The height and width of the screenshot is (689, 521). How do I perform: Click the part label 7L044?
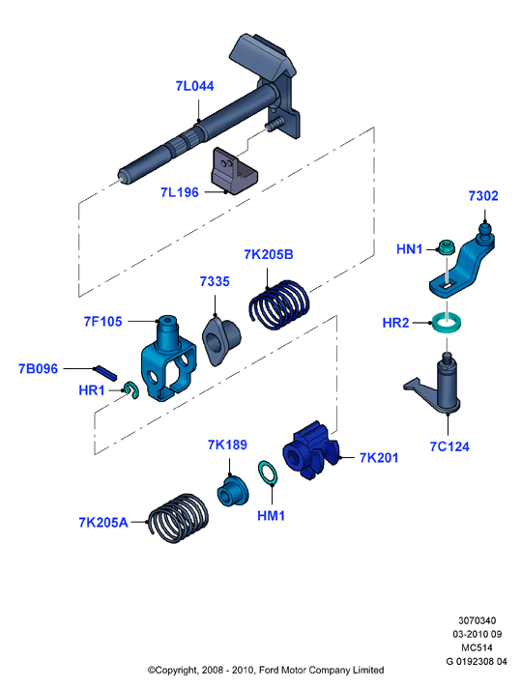pos(194,86)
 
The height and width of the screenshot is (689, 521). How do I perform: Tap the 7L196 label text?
pos(180,192)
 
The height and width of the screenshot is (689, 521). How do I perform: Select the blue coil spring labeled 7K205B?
pos(278,304)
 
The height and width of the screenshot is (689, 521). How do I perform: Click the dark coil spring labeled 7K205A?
pos(178,518)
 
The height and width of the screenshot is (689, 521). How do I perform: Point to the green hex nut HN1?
pos(447,246)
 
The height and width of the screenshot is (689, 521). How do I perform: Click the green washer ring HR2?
pos(447,322)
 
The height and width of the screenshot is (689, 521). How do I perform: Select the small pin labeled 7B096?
pos(105,373)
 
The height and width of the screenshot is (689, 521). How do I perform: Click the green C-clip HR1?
pos(131,390)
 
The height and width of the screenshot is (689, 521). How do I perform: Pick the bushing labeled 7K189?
pos(233,490)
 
